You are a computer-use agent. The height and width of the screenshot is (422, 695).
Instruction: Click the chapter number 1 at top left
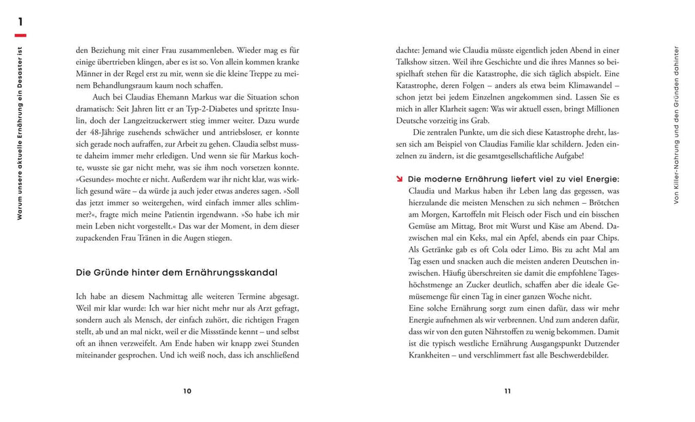click(20, 23)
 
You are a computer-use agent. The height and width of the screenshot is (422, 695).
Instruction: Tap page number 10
click(187, 391)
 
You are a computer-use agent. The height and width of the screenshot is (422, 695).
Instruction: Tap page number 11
click(507, 391)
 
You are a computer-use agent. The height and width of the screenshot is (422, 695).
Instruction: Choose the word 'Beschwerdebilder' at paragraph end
click(574, 355)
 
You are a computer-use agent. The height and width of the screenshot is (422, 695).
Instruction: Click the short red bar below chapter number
click(20, 35)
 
